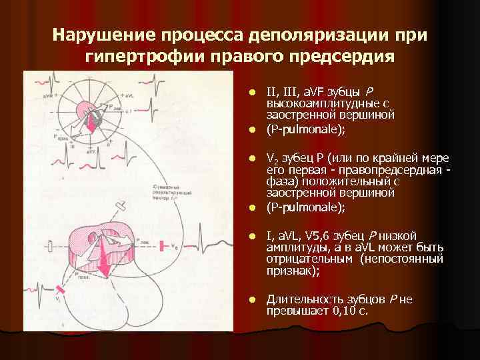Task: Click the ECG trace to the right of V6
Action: tap(207, 243)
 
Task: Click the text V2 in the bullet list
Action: tap(272, 159)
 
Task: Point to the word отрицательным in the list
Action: tap(303, 259)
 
